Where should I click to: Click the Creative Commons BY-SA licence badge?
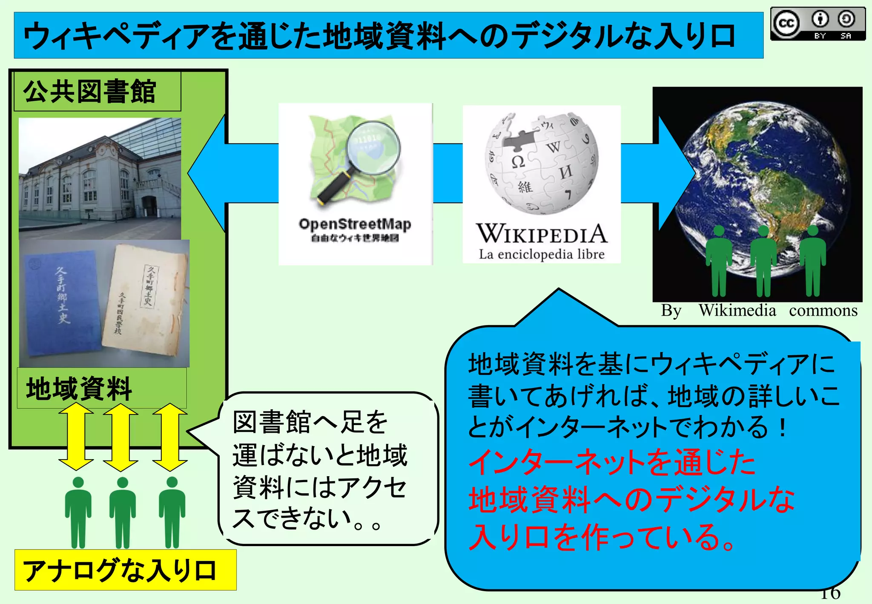pos(817,24)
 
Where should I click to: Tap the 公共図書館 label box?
pos(97,92)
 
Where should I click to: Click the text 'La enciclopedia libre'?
pos(542,254)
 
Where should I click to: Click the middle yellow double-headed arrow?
pos(120,437)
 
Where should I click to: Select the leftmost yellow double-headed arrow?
pos(76,437)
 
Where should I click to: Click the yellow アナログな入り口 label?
pos(125,570)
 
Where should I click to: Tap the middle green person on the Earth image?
pos(763,262)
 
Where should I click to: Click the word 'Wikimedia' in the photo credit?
pos(737,311)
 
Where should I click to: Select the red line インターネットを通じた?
pos(611,463)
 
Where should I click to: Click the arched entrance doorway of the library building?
pos(149,207)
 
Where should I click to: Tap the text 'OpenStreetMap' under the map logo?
pos(355,224)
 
